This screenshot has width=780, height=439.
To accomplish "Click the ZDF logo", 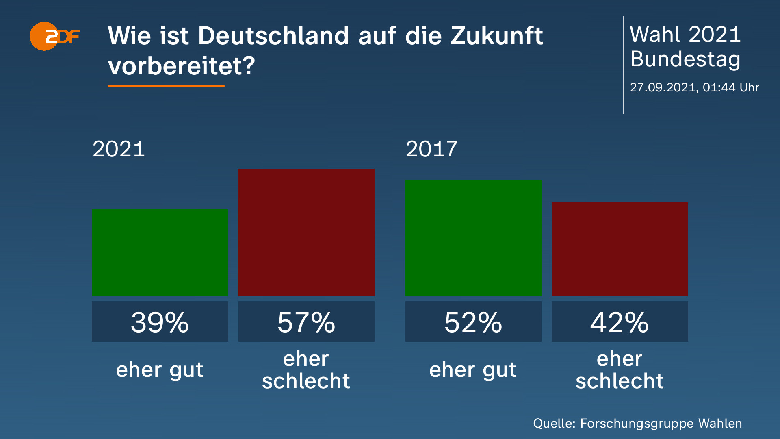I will tap(54, 37).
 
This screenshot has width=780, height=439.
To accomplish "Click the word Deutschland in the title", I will tap(273, 36).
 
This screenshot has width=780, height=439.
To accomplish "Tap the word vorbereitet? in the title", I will tap(181, 65).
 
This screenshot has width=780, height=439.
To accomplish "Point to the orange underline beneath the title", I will tap(166, 86).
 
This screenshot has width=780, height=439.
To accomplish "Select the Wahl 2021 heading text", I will tap(685, 35).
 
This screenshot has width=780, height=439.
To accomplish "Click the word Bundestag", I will tap(685, 59).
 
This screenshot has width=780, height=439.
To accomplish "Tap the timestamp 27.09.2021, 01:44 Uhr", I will tap(694, 87).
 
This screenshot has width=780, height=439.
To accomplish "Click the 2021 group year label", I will tap(119, 149).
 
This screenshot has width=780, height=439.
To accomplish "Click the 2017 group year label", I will tap(431, 149).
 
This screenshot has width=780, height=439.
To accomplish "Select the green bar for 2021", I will tap(160, 252).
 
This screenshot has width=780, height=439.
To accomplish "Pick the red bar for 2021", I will tap(306, 233).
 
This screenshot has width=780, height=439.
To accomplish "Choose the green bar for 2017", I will tap(473, 238).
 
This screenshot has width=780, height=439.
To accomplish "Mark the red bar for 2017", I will tap(620, 249).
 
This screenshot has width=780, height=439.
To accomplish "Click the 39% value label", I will tap(160, 322).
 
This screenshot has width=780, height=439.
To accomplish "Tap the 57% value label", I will tap(306, 322).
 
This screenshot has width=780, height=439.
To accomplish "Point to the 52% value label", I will tap(473, 322).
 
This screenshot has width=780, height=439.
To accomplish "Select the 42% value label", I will tap(620, 322).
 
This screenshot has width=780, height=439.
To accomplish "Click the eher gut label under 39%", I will tap(160, 370).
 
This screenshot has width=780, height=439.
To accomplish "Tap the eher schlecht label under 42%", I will tap(620, 370).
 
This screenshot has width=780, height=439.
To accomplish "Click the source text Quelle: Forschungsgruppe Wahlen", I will tap(637, 424).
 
